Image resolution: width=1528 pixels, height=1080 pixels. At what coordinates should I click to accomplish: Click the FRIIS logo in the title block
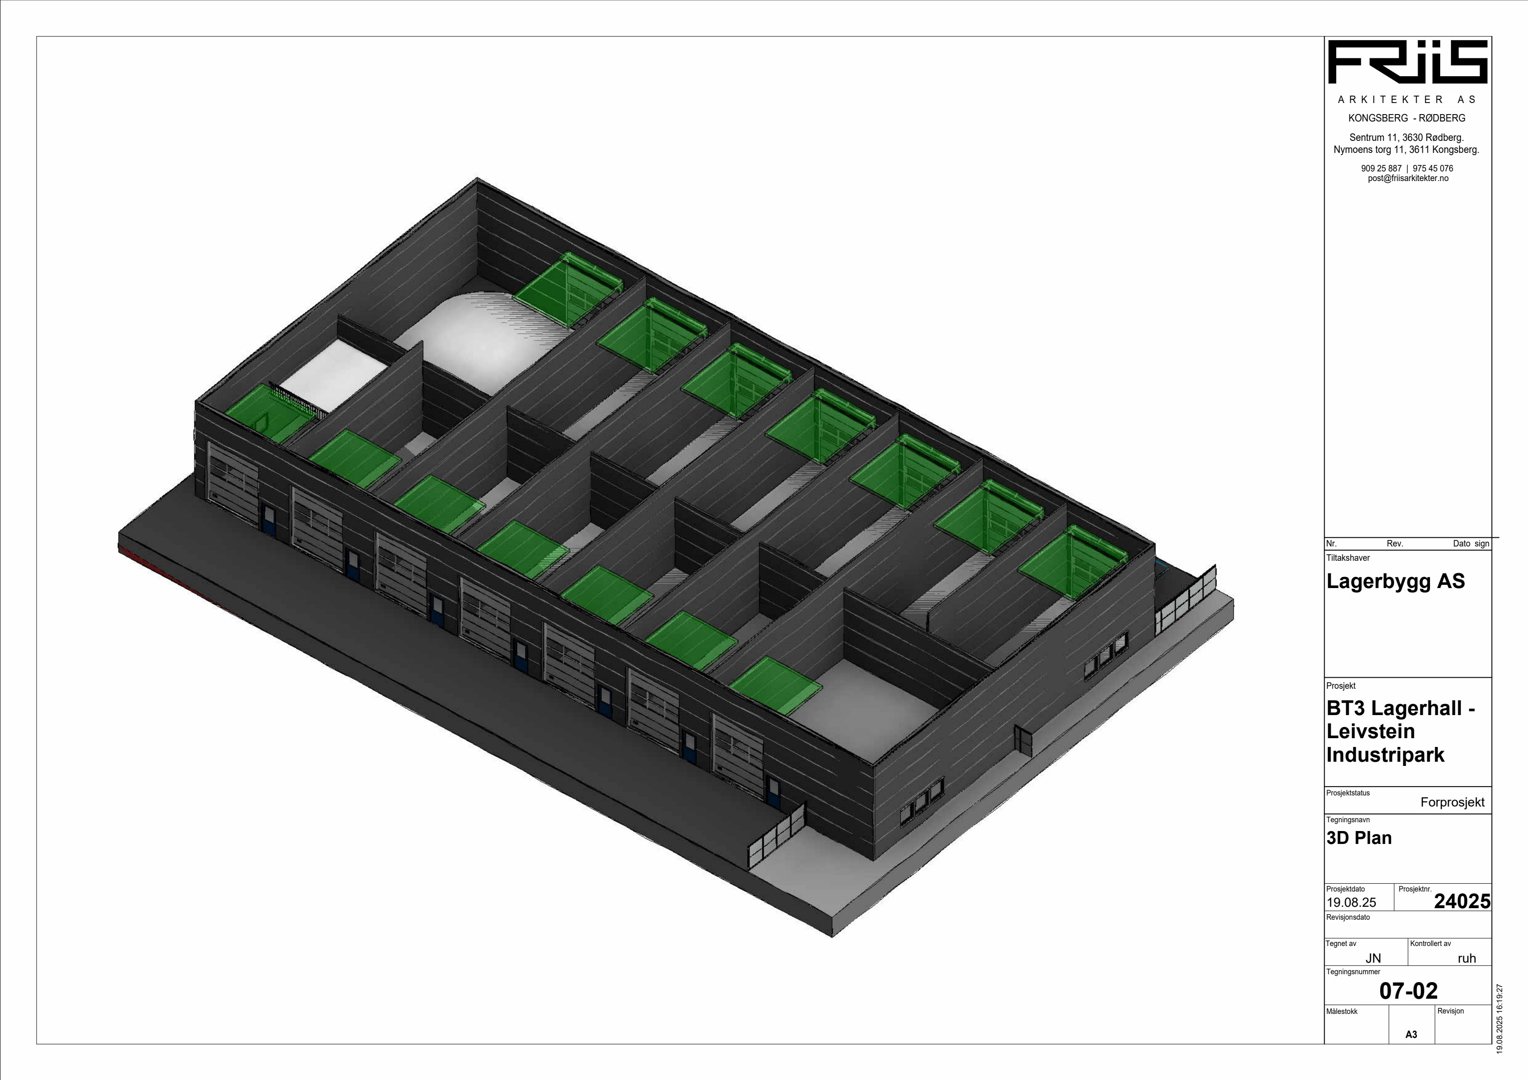1407,62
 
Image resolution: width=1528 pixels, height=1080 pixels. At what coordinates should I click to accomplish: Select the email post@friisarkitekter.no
1407,179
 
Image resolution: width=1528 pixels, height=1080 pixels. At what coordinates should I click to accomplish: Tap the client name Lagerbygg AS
1396,581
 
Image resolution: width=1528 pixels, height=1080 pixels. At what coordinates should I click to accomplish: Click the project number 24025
1462,901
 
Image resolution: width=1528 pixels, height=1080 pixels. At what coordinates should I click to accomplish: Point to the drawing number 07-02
1409,991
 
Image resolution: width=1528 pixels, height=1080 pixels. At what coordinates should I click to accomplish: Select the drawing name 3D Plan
1359,838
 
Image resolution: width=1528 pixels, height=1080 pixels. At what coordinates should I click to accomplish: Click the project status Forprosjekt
1452,802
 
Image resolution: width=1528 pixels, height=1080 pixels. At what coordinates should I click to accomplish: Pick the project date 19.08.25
1351,902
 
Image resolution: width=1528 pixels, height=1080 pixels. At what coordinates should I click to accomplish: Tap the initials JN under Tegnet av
1374,959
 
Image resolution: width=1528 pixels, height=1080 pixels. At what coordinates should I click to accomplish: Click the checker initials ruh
1467,959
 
